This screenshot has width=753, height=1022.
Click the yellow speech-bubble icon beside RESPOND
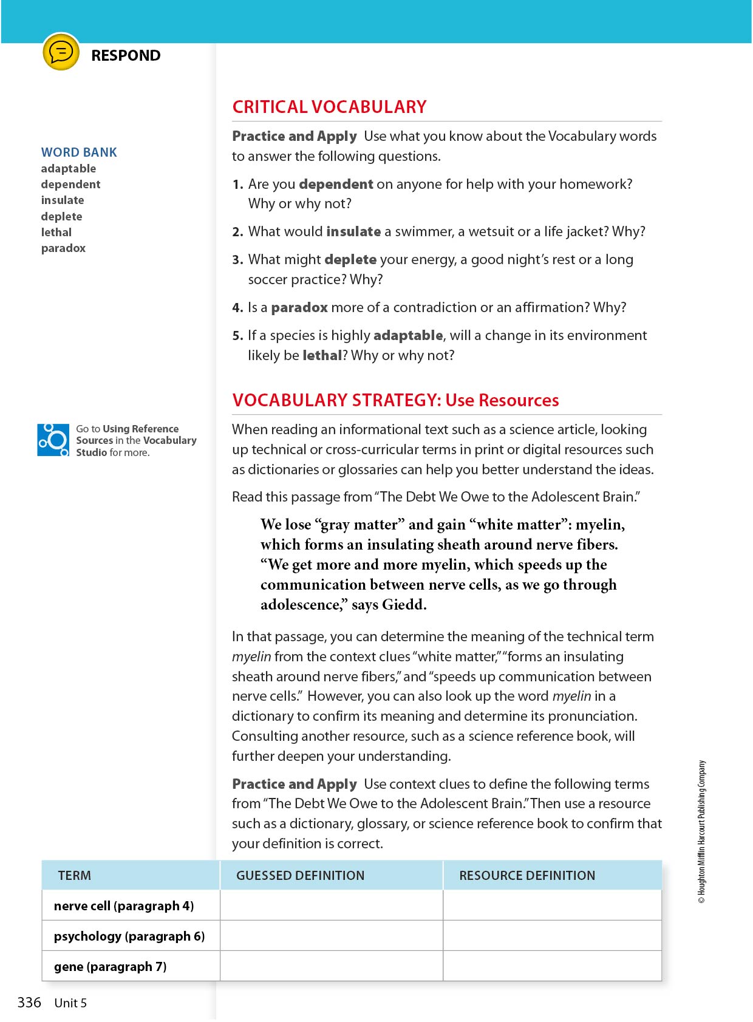pyautogui.click(x=61, y=52)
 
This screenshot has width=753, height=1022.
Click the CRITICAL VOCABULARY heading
pyautogui.click(x=329, y=107)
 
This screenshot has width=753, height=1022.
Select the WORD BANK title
pyautogui.click(x=79, y=152)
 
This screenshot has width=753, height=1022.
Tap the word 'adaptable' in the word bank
pyautogui.click(x=69, y=169)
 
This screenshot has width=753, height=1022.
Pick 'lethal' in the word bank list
pyautogui.click(x=56, y=233)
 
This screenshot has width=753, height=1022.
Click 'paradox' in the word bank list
pyautogui.click(x=64, y=248)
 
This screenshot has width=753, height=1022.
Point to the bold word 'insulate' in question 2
pyautogui.click(x=353, y=231)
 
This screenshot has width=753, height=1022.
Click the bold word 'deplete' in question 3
pyautogui.click(x=350, y=260)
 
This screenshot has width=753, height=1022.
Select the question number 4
pyautogui.click(x=237, y=308)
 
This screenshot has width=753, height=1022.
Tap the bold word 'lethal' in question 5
pyautogui.click(x=322, y=355)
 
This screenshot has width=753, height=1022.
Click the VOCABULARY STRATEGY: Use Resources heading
pyautogui.click(x=395, y=400)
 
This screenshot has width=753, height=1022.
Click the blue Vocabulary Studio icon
pyautogui.click(x=53, y=440)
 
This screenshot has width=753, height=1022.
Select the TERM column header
pyautogui.click(x=75, y=876)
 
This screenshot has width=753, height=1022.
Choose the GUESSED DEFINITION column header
pyautogui.click(x=301, y=876)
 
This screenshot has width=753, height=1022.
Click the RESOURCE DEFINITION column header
pyautogui.click(x=527, y=876)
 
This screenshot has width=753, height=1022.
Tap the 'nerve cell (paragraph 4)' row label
pyautogui.click(x=124, y=906)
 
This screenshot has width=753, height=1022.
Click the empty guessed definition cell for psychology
pyautogui.click(x=332, y=936)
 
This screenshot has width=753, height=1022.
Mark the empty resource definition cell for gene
pyautogui.click(x=552, y=966)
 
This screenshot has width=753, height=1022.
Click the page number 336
pyautogui.click(x=29, y=1003)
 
